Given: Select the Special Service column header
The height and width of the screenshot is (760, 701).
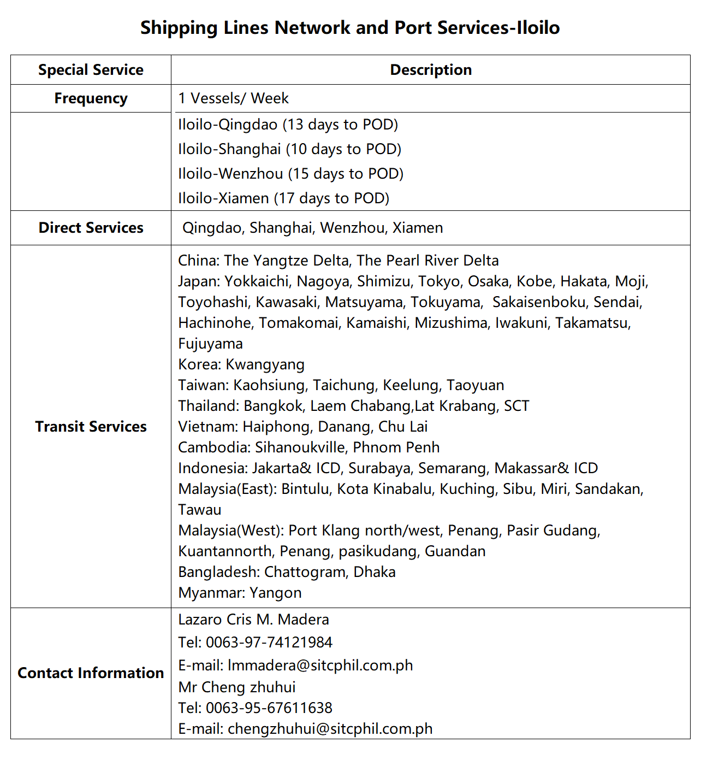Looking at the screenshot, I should (91, 70).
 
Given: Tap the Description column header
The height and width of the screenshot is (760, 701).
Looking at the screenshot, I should (431, 70).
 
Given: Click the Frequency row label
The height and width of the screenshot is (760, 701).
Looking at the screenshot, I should (91, 98).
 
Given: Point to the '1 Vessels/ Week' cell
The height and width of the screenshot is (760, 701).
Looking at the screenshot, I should (233, 98).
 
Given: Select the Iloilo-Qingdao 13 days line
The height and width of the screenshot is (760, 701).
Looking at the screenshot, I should (288, 125).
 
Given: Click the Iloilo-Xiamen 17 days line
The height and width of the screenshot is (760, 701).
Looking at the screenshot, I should (283, 198).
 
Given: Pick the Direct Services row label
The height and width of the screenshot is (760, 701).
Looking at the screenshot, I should (91, 228).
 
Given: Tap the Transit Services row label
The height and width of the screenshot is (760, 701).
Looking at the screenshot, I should (91, 427).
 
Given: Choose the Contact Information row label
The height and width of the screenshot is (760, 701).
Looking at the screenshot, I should (91, 673).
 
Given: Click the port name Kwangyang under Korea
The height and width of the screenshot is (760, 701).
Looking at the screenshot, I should (265, 364).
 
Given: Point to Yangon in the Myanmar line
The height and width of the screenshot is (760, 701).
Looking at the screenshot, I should (276, 593).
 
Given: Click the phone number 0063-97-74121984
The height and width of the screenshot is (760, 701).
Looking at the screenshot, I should (269, 643).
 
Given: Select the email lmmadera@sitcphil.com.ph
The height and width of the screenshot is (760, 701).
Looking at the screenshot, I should (320, 665).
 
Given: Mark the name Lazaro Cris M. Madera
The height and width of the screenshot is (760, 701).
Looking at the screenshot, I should (253, 620).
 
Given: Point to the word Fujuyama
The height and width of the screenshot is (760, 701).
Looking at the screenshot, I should (210, 344).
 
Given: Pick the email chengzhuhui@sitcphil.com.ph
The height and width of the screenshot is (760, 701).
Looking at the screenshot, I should (330, 729).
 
